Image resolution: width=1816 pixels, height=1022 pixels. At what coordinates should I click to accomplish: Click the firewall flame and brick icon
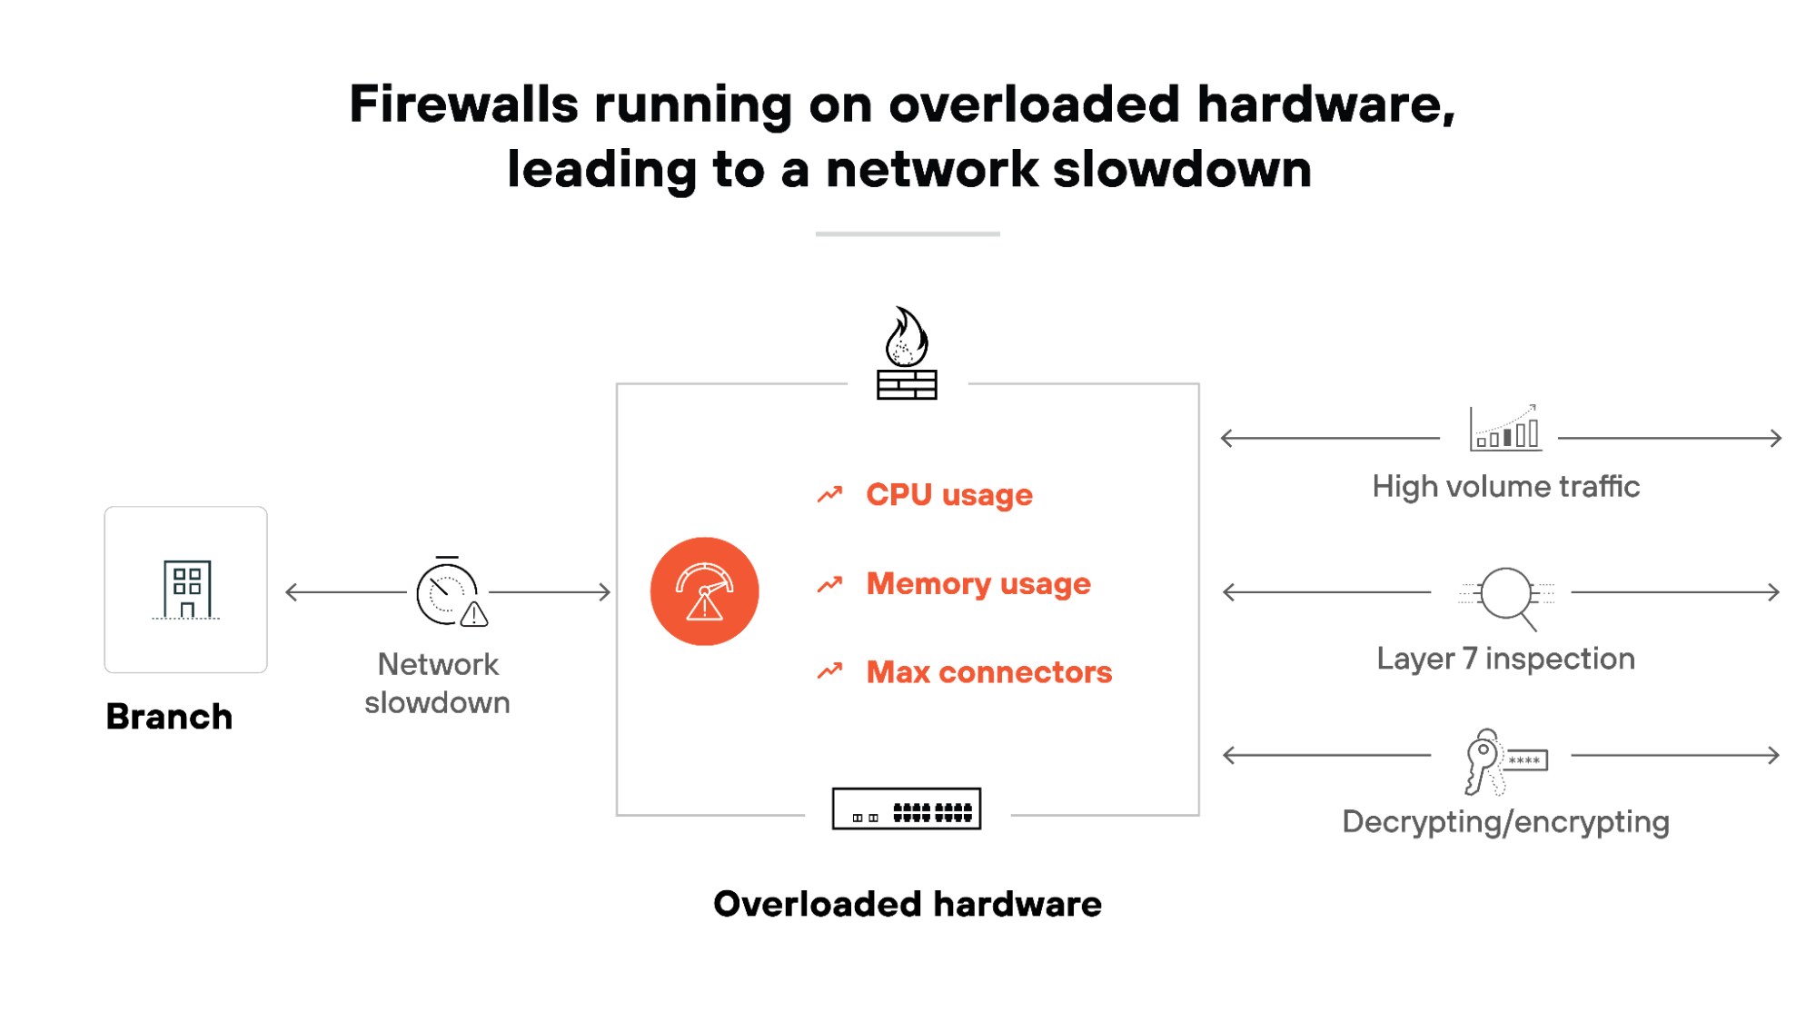coord(907,354)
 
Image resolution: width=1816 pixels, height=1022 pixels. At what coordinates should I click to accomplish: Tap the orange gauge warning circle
coord(704,591)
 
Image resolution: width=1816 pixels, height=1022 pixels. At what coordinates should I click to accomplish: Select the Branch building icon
coord(186,590)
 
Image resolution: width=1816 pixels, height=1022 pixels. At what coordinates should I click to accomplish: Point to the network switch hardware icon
coord(907,809)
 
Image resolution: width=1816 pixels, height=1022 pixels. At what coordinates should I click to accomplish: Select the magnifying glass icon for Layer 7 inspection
coord(1507,596)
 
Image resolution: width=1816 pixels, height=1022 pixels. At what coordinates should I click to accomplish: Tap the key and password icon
coord(1503,761)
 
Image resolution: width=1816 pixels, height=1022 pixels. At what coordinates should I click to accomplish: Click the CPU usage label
coord(948,495)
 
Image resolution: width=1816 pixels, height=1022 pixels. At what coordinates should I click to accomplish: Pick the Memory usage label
coord(977,583)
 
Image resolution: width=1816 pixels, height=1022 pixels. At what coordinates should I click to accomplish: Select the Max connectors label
coord(988,672)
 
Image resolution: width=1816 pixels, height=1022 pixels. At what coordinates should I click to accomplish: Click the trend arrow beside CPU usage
coord(829,494)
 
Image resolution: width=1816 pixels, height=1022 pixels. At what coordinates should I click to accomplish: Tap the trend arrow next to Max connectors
coord(829,671)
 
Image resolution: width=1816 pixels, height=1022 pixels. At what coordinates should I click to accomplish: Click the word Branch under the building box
coord(169,717)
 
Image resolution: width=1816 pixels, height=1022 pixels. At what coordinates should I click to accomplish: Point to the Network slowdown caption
coord(438,683)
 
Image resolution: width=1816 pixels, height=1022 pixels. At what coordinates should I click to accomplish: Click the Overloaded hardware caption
coord(907,904)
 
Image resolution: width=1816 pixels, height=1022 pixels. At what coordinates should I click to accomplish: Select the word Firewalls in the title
coord(463,104)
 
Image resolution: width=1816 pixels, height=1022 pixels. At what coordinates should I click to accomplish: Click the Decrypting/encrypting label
coord(1505,822)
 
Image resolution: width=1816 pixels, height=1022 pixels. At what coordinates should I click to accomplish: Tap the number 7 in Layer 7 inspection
coord(1469,659)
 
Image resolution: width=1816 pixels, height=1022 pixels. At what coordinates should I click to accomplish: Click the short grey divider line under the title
coord(907,234)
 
